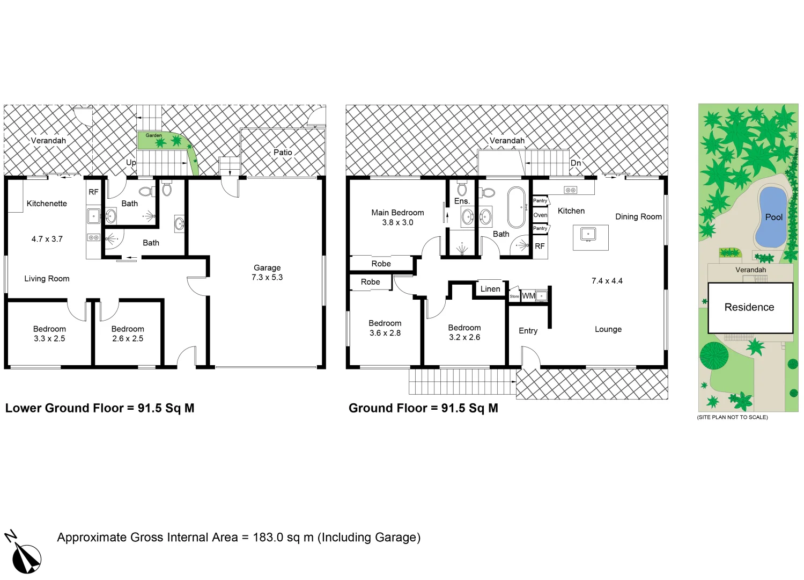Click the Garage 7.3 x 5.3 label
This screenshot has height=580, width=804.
click(x=267, y=272)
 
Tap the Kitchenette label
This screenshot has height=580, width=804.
click(x=47, y=204)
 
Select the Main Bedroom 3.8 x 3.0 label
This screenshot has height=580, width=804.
click(x=397, y=218)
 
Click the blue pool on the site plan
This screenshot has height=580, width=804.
click(x=771, y=216)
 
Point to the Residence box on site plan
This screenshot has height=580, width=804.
click(x=750, y=308)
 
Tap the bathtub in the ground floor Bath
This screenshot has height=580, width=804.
click(x=517, y=207)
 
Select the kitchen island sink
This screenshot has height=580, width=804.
click(x=588, y=235)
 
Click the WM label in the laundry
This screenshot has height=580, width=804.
click(x=528, y=296)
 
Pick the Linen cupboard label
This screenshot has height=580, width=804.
click(x=490, y=289)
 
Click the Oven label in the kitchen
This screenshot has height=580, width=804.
click(x=540, y=215)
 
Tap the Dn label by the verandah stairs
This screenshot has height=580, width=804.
click(x=576, y=163)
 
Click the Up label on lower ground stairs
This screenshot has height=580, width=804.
click(x=131, y=162)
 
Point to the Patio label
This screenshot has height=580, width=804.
click(x=283, y=153)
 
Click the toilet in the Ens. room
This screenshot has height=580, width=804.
click(x=462, y=189)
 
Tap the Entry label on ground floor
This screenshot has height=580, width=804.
click(x=528, y=331)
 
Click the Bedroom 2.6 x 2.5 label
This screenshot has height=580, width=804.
click(x=128, y=334)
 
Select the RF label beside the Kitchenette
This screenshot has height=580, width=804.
click(x=93, y=192)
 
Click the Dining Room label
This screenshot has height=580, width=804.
click(x=638, y=217)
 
